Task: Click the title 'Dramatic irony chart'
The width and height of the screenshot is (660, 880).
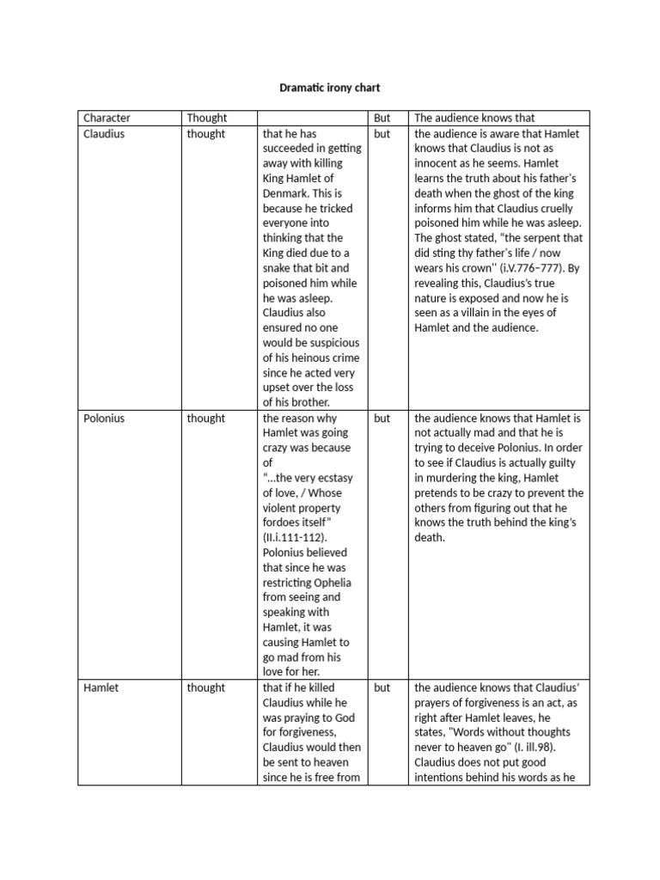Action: [x=330, y=88]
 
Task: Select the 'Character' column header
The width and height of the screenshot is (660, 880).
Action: [x=107, y=118]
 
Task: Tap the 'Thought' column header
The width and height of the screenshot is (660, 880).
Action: [x=206, y=118]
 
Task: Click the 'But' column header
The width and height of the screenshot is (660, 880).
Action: [x=382, y=118]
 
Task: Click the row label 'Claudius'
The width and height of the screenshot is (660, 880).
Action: [x=104, y=134]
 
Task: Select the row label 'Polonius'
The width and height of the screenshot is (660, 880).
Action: [x=104, y=419]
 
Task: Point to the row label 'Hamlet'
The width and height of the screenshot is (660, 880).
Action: [x=101, y=687]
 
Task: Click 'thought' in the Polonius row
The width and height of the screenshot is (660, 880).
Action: [x=206, y=419]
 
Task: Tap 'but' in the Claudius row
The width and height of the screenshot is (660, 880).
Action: [x=382, y=134]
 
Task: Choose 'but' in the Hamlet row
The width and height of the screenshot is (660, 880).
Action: [x=382, y=687]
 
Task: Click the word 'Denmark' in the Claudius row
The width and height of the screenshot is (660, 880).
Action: [x=287, y=193]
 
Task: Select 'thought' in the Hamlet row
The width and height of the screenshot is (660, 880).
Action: [x=206, y=687]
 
